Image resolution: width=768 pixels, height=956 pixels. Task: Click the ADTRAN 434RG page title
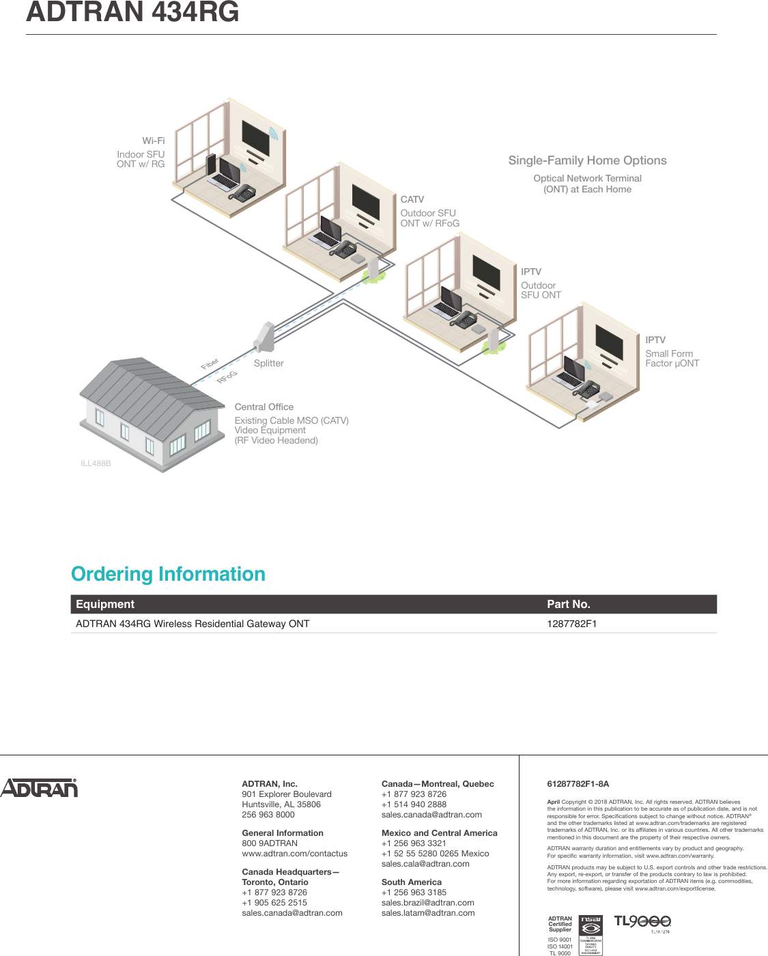click(x=132, y=13)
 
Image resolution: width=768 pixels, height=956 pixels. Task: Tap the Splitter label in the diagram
click(x=268, y=363)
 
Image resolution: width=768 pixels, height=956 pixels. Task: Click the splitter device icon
click(x=264, y=336)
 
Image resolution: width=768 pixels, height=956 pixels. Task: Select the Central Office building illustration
click(x=152, y=414)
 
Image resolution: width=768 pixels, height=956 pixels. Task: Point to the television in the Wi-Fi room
click(x=257, y=139)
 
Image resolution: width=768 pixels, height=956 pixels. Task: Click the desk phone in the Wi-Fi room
click(x=242, y=192)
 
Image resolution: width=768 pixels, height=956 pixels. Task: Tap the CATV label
click(x=412, y=199)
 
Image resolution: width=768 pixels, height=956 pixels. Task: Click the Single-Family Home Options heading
click(x=587, y=160)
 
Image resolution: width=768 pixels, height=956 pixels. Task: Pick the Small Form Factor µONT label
click(x=672, y=358)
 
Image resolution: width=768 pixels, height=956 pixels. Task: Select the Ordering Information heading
click(x=168, y=574)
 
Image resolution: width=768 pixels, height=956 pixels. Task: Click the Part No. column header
click(x=568, y=604)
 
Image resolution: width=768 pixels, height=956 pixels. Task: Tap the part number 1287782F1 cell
click(x=571, y=624)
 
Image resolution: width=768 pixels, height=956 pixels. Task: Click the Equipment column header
click(x=105, y=604)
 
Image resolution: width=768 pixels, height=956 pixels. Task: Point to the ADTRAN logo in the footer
click(x=39, y=788)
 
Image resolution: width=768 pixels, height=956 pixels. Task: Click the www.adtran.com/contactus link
click(x=294, y=854)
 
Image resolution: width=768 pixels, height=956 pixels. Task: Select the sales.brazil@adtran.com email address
click(x=427, y=903)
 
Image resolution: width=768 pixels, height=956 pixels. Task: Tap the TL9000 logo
click(x=642, y=922)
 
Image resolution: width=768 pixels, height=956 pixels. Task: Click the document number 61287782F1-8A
click(x=578, y=784)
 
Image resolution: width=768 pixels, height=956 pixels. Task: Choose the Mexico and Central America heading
click(x=439, y=833)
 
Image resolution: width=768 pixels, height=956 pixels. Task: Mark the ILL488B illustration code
click(x=96, y=463)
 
